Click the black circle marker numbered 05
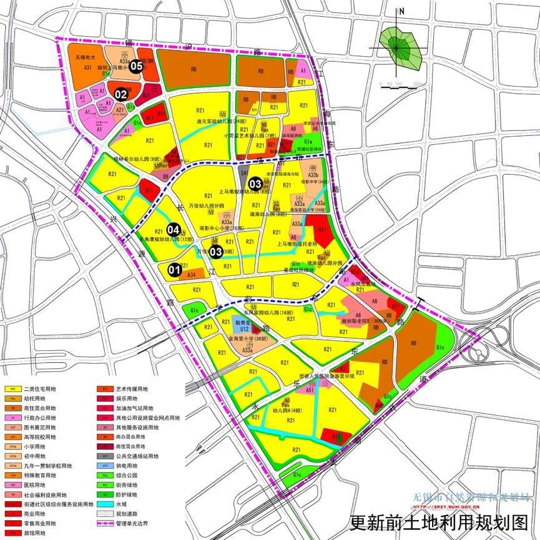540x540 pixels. click(x=137, y=67)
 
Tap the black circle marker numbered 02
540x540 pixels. click(x=120, y=94)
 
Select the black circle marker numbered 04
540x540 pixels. click(x=174, y=230)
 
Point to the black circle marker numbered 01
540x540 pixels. click(x=175, y=270)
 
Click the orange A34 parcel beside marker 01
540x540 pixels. click(x=192, y=274)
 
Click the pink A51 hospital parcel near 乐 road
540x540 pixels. click(x=310, y=390)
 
